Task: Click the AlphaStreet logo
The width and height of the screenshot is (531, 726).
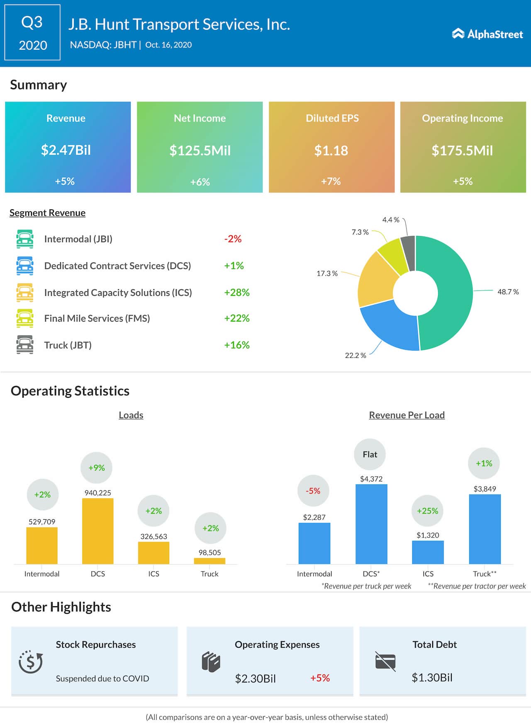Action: pos(487,34)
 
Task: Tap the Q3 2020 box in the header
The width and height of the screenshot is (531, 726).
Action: pos(32,33)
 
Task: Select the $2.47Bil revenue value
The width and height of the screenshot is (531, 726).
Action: pos(66,150)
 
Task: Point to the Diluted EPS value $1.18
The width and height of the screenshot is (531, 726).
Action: pos(331,150)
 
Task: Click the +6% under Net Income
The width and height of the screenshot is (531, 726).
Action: pos(200,182)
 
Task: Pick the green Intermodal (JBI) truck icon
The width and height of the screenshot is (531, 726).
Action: pos(25,239)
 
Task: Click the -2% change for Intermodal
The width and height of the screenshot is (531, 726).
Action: pos(233,239)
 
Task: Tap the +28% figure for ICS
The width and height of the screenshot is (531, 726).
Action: pos(236,293)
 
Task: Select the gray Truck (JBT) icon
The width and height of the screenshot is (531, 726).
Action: pos(25,345)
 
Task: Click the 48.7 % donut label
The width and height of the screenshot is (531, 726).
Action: pos(508,292)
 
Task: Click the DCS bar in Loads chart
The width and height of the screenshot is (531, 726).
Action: pos(98,531)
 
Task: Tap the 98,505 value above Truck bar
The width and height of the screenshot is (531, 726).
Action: pos(209,552)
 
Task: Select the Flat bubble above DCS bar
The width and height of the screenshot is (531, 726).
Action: pos(370,454)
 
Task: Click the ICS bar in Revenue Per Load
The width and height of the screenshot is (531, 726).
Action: pos(428,552)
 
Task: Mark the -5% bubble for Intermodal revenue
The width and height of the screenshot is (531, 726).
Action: pos(313,491)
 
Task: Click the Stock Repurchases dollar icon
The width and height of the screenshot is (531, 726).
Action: pos(31,662)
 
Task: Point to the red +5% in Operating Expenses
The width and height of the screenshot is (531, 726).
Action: pos(320,678)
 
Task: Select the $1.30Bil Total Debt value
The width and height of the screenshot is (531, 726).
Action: pos(432,678)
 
